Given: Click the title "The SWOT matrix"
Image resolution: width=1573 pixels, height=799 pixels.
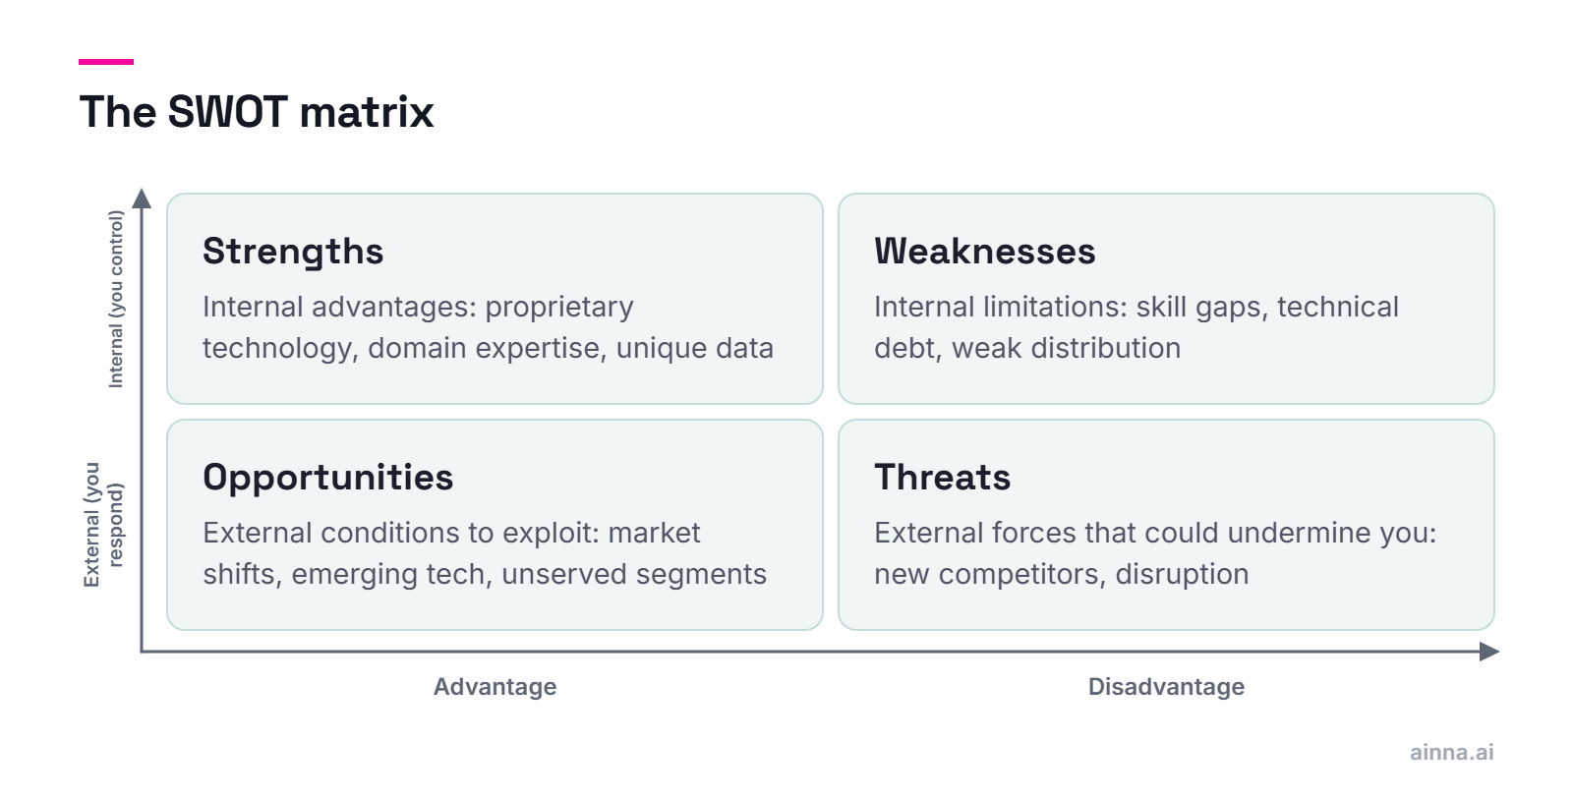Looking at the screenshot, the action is pos(257,112).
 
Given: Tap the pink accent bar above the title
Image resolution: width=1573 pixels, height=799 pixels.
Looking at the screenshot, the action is pos(106,62).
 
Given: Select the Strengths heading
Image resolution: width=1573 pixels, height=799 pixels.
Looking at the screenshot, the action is pos(293,252).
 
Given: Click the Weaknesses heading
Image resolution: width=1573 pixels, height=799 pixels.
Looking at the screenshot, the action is pos(984,252).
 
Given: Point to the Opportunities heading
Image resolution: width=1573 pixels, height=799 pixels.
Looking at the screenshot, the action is pos(328,479).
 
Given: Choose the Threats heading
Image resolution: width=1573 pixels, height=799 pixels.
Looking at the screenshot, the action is pos(943,478).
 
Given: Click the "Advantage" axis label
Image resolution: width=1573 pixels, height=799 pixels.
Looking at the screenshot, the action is pos(495,687).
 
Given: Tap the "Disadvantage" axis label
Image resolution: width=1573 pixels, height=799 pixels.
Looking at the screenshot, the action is pos(1166,687).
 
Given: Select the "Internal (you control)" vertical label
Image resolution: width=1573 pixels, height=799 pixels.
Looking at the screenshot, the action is pos(116,299).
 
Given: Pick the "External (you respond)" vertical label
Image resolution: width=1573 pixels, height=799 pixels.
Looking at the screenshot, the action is pos(103,525).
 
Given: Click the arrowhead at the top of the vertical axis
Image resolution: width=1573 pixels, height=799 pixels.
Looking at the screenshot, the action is pos(142,198).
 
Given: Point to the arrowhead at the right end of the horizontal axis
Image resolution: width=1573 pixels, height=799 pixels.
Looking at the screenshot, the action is pos(1488,652).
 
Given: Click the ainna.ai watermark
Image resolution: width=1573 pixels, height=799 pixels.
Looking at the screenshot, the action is pos(1451,753).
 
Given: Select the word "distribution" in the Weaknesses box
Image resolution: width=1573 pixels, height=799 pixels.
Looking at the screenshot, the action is pos(1102,348).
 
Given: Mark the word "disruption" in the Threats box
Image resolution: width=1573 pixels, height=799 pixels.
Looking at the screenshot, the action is pos(1183,575).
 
